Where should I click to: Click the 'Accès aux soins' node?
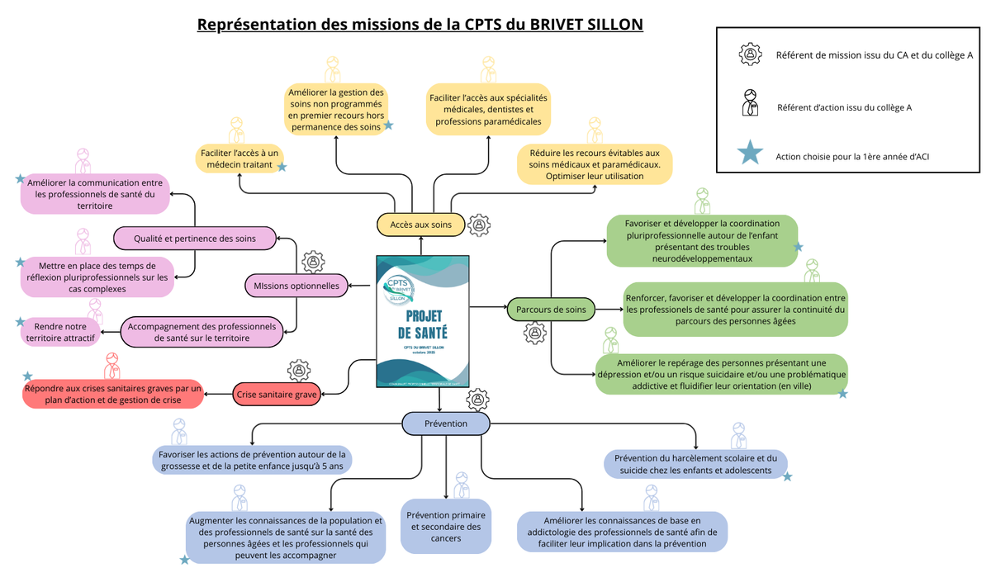(x=420, y=225)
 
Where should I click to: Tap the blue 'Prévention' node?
(x=446, y=423)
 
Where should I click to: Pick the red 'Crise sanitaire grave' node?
(x=277, y=395)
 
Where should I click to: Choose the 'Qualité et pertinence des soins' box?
(x=195, y=239)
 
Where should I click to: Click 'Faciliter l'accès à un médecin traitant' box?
(x=239, y=159)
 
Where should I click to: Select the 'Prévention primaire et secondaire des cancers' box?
(x=445, y=526)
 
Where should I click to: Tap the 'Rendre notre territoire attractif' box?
(x=60, y=332)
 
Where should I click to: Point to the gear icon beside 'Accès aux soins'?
(x=479, y=224)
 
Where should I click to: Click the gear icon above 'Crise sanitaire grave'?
(x=299, y=371)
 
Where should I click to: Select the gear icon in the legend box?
(x=750, y=54)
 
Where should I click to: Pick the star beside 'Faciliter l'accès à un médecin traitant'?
(x=282, y=167)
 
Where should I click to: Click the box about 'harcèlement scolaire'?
(x=695, y=464)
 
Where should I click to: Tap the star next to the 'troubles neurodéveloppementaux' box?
(x=798, y=247)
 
